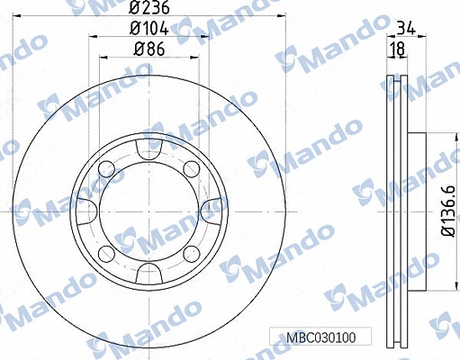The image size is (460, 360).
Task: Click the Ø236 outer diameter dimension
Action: coord(146,11)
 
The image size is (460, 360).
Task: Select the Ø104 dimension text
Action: coord(146,30)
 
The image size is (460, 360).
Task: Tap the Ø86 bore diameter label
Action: coord(146,49)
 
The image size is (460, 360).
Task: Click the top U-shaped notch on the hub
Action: coord(146,147)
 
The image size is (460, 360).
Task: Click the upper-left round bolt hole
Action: coord(105,168)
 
